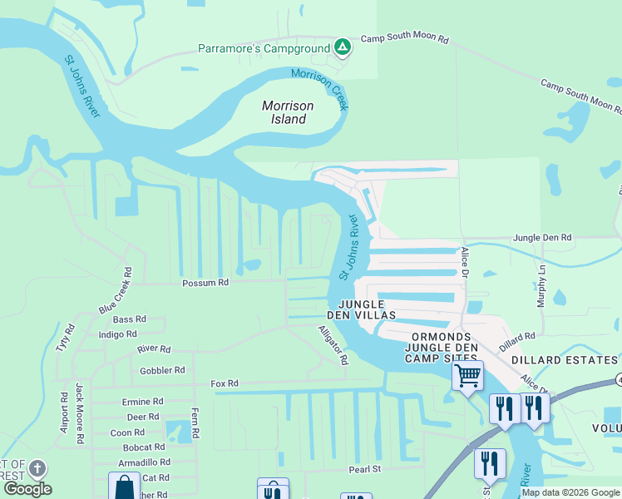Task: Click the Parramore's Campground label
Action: point(264,48)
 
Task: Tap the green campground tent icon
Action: point(342,47)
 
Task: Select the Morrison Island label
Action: point(284,112)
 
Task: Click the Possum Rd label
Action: point(205,283)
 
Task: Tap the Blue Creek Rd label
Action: point(116,290)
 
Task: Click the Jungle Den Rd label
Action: point(542,238)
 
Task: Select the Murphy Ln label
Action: point(541,286)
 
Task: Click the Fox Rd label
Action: point(225,383)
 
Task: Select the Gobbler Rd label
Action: point(163,370)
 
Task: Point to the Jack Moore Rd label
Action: point(80,413)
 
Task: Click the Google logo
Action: point(27,489)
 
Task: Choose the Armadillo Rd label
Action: point(144,462)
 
